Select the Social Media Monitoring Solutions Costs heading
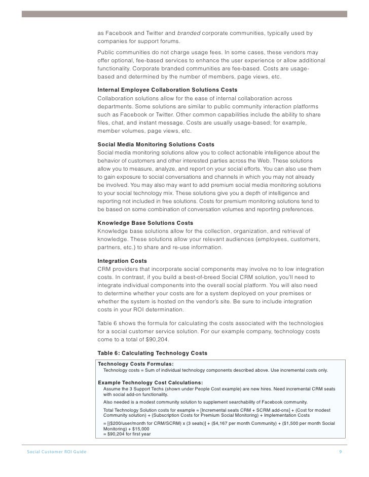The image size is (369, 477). pos(156,145)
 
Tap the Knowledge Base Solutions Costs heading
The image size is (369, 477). pos(145,223)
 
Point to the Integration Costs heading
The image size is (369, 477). pos(122,261)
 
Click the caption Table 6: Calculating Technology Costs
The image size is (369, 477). pos(152,353)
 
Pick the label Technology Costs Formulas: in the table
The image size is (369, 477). pos(135,364)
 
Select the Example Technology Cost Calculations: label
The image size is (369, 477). pos(150,382)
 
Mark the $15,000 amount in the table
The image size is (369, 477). pos(135,428)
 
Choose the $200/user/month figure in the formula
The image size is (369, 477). pos(125,423)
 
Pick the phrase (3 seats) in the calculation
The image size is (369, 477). pos(183,423)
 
